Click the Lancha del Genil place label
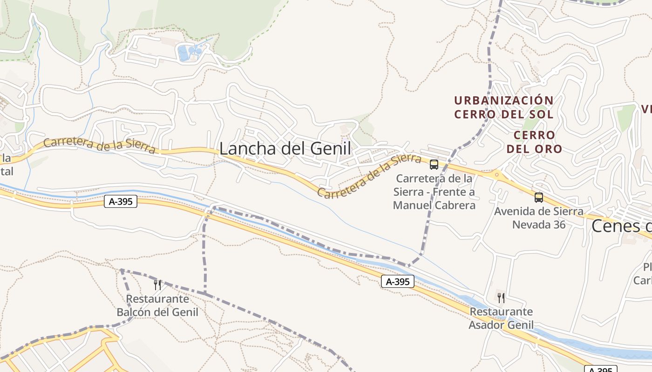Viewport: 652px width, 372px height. pos(285,149)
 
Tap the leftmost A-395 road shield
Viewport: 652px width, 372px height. pos(121,201)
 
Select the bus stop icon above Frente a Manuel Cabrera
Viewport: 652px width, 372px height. pos(434,164)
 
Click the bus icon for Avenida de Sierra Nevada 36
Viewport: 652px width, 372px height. pos(539,197)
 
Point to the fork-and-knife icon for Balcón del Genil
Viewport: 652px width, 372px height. pos(157,285)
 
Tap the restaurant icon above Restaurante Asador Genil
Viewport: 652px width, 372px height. pos(501,298)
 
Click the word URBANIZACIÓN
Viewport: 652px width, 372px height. pos(504,100)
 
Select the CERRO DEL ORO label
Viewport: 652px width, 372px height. pos(534,142)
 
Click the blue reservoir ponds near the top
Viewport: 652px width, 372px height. pos(190,52)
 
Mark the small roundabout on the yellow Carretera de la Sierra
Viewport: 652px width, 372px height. pos(496,175)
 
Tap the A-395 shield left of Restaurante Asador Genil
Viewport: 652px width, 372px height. pos(398,281)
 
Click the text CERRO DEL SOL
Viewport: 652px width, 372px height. pos(504,114)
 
